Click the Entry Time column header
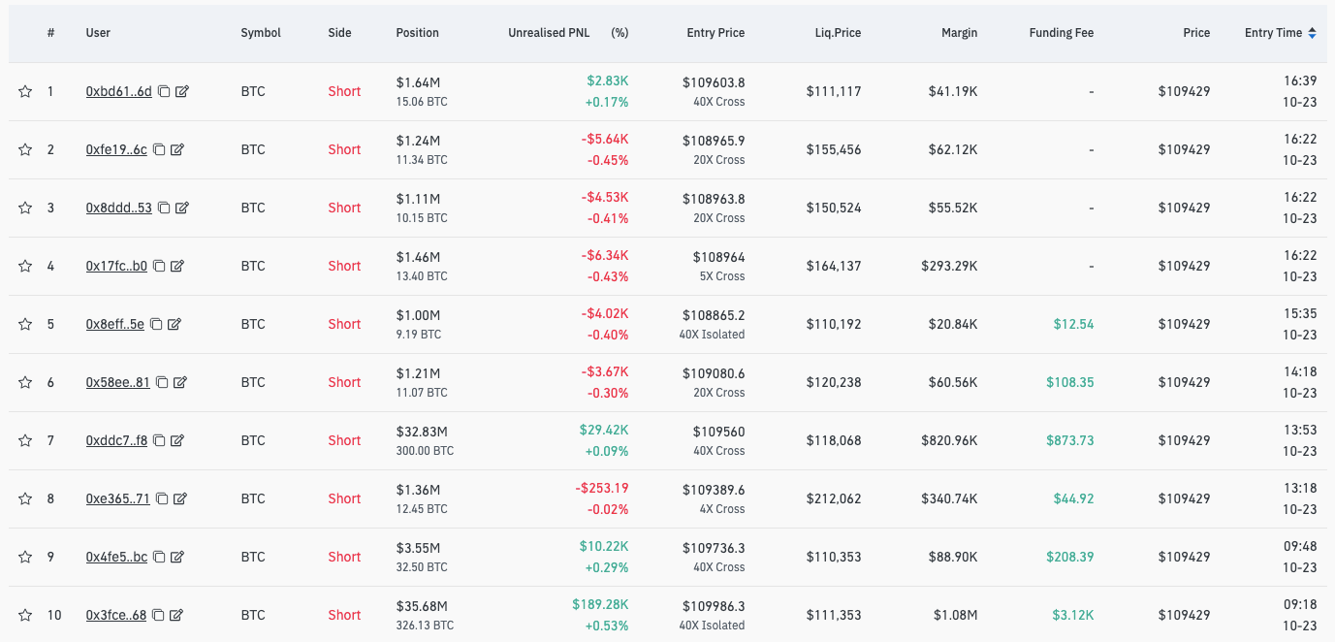[x=1273, y=33]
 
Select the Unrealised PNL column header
[x=549, y=33]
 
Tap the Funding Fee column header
[x=1061, y=33]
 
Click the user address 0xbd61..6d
[x=118, y=91]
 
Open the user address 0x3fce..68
[x=115, y=615]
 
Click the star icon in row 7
[x=25, y=440]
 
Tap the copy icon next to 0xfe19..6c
[x=160, y=149]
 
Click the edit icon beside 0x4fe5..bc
[x=177, y=557]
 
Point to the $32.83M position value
[x=422, y=431]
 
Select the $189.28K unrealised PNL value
[x=600, y=605]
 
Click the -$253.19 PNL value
[x=601, y=489]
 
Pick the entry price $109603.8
[x=714, y=81]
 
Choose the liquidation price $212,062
[x=833, y=498]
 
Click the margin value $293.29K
[x=949, y=266]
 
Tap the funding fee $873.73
[x=1069, y=440]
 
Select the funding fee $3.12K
[x=1073, y=615]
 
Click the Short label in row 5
[x=344, y=324]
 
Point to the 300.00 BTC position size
[x=425, y=451]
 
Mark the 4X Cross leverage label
[x=716, y=509]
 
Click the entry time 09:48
[x=1300, y=547]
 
